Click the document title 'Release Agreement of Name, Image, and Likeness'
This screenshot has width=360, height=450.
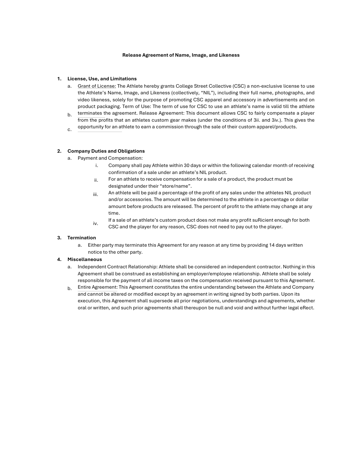pyautogui.click(x=181, y=55)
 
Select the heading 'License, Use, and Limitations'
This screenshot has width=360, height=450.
pyautogui.click(x=102, y=79)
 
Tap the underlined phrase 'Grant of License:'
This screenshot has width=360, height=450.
pyautogui.click(x=97, y=86)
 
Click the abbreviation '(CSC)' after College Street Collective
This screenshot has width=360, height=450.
pyautogui.click(x=239, y=86)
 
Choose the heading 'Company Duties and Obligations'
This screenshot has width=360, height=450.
pyautogui.click(x=106, y=151)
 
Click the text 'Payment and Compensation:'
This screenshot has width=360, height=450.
pyautogui.click(x=110, y=158)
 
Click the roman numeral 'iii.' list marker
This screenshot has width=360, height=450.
pyautogui.click(x=96, y=194)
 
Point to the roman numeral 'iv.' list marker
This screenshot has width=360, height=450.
pyautogui.click(x=96, y=223)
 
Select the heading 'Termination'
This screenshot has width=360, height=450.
pyautogui.click(x=82, y=238)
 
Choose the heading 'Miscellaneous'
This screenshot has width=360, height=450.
pyautogui.click(x=85, y=259)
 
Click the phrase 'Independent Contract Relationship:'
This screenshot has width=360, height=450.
pyautogui.click(x=117, y=267)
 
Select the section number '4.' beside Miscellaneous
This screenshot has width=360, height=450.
pyautogui.click(x=59, y=259)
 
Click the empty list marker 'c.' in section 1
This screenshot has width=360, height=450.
pyautogui.click(x=69, y=129)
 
